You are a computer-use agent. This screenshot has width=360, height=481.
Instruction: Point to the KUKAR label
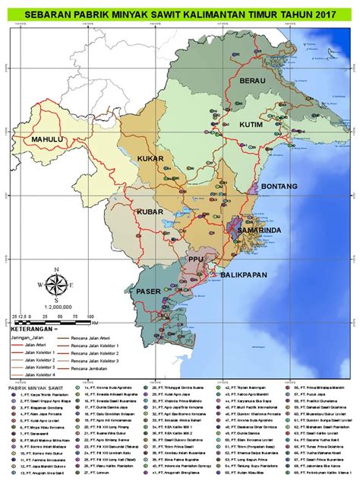pyautogui.click(x=150, y=158)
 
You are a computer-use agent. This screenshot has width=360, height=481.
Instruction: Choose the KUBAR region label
pyautogui.click(x=150, y=211)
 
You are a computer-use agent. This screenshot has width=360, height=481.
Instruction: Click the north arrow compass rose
pyautogui.click(x=55, y=285)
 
